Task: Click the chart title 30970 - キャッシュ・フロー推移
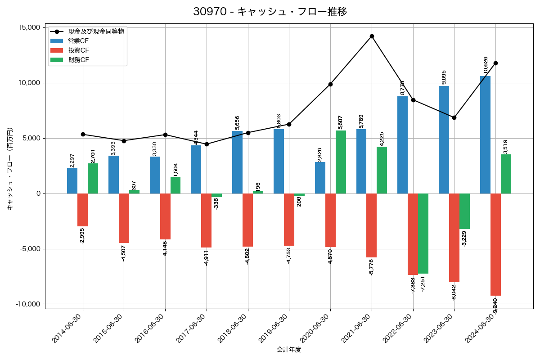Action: [270, 12]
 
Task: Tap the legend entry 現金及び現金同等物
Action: [96, 31]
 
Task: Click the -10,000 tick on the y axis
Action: [28, 304]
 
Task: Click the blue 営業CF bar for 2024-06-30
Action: [485, 135]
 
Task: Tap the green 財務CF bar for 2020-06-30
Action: [341, 162]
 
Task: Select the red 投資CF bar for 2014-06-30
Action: [82, 210]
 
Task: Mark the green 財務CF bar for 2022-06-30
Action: [423, 234]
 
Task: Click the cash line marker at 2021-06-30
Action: [372, 36]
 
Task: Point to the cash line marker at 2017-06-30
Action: [207, 144]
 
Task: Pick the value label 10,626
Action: [485, 65]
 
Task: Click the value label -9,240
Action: [495, 306]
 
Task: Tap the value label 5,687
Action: [341, 122]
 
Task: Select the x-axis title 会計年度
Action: [289, 350]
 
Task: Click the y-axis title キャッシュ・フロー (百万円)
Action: [10, 169]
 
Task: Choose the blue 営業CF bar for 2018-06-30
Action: [237, 162]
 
